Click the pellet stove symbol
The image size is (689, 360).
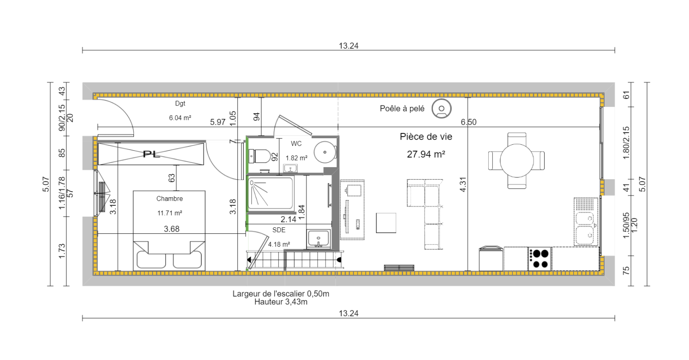(441, 109)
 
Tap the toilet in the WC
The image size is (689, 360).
(259, 156)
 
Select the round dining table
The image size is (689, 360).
(517, 160)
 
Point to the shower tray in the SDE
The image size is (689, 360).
(270, 193)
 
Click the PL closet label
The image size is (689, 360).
(151, 154)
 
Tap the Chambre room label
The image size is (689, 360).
(170, 199)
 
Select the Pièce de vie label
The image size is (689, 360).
(426, 137)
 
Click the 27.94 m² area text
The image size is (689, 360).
(426, 154)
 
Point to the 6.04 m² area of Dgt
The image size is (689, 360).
(180, 118)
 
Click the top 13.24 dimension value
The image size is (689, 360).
(348, 46)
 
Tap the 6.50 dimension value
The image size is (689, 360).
(469, 122)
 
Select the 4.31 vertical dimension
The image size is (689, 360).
(463, 185)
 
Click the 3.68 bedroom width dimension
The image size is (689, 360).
(171, 229)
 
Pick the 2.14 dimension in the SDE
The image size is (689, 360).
(288, 219)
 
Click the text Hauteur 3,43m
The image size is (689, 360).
(281, 302)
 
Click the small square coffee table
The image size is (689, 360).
(386, 223)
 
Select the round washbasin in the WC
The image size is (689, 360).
(325, 152)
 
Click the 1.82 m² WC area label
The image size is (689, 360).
(297, 158)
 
